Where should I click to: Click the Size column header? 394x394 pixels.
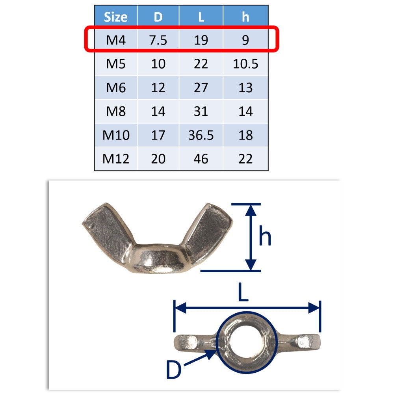pyautogui.click(x=115, y=17)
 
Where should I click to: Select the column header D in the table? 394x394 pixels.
pyautogui.click(x=158, y=17)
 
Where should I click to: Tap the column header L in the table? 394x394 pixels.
pyautogui.click(x=201, y=17)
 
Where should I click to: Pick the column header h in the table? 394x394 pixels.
pyautogui.click(x=245, y=17)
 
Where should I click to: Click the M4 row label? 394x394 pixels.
pyautogui.click(x=115, y=40)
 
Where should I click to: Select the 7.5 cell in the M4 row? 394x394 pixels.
pyautogui.click(x=158, y=40)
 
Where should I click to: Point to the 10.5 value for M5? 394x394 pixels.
pyautogui.click(x=245, y=64)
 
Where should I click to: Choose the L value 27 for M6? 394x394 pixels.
pyautogui.click(x=201, y=87)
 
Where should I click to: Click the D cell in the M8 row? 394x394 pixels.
pyautogui.click(x=158, y=112)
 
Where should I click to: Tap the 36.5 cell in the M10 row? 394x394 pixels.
pyautogui.click(x=201, y=135)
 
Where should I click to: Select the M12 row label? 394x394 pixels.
pyautogui.click(x=115, y=159)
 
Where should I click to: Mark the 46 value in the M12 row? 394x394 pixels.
pyautogui.click(x=201, y=159)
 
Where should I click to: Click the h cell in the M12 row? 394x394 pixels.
pyautogui.click(x=245, y=159)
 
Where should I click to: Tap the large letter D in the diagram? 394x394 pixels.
pyautogui.click(x=173, y=370)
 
